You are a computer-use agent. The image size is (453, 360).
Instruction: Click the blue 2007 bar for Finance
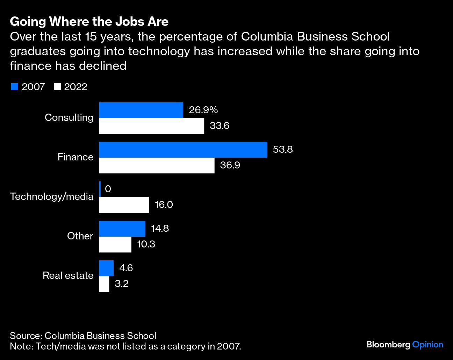(x=183, y=150)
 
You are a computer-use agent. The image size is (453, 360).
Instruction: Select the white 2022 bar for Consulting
(x=152, y=126)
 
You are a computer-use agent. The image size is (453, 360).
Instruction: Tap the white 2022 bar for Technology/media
(x=124, y=205)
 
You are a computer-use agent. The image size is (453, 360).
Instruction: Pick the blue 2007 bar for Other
(x=122, y=229)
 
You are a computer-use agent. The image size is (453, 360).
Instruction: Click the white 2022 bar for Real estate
(x=104, y=284)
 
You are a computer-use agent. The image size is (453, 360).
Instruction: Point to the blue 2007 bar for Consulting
(x=141, y=110)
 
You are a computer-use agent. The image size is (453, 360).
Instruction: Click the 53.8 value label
(x=282, y=150)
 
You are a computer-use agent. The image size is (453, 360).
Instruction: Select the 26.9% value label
(x=203, y=110)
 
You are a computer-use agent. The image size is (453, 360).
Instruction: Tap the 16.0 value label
(x=164, y=205)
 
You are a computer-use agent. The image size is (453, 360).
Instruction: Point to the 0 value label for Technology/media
(x=108, y=189)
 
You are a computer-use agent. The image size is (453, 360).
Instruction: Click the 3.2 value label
(x=122, y=284)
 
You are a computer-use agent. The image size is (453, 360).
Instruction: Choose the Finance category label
(x=75, y=157)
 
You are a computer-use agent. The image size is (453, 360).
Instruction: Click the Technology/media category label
(x=52, y=197)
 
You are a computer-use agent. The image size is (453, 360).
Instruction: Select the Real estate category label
(x=68, y=276)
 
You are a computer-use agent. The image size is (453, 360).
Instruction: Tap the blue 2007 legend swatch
(x=14, y=87)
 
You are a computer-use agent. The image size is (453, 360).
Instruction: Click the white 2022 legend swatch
(x=57, y=87)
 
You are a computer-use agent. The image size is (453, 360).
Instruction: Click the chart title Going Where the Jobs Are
(x=89, y=22)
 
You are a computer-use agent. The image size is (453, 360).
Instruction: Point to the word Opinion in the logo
(x=427, y=345)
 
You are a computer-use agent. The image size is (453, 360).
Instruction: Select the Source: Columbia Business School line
(x=83, y=336)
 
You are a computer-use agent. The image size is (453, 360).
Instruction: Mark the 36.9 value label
(x=230, y=165)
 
